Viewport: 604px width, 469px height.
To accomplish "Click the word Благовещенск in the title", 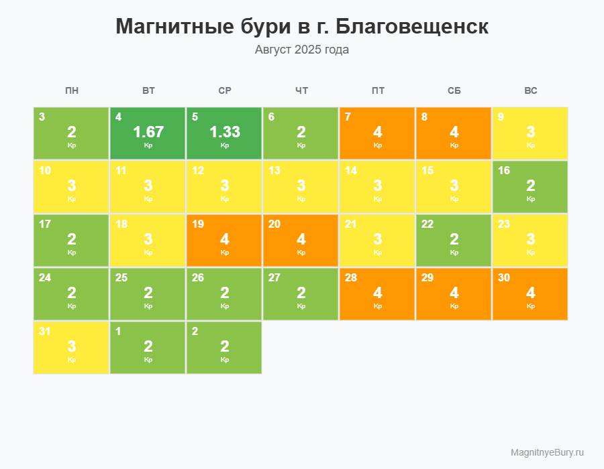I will [411, 27].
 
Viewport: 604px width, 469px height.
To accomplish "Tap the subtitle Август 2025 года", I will [302, 50].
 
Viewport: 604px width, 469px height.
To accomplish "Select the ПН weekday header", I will [72, 91].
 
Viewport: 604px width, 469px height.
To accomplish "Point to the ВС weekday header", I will [530, 91].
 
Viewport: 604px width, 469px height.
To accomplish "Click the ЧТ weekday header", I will [301, 91].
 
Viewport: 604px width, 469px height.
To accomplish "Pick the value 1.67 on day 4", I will [148, 132].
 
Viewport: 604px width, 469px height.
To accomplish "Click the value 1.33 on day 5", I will [225, 132].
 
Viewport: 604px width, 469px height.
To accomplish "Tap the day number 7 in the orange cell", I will [348, 117].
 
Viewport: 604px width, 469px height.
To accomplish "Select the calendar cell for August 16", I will [530, 187].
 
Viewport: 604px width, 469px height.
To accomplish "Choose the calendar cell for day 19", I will [225, 241].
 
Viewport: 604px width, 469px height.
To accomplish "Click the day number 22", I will [427, 224].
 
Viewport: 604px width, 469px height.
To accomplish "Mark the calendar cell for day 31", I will [72, 348].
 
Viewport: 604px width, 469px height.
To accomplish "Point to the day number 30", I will [503, 278].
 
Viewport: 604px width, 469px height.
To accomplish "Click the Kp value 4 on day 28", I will [378, 293].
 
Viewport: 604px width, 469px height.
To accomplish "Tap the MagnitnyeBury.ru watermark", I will [547, 452].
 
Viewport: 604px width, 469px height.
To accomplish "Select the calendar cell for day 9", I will [530, 133].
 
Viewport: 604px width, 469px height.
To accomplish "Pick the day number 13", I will [274, 171].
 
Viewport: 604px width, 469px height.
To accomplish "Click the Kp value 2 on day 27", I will [301, 293].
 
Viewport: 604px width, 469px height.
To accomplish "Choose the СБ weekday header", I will [454, 91].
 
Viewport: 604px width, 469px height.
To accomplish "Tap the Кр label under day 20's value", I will [301, 253].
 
